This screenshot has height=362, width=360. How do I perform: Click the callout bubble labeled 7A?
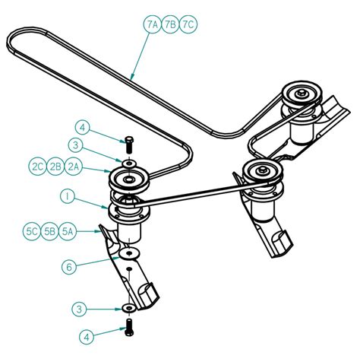tap(153, 24)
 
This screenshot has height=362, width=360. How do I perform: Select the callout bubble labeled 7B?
tap(170, 24)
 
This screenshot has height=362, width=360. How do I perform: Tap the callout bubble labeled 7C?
tap(188, 24)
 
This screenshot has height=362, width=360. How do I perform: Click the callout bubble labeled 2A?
tap(74, 167)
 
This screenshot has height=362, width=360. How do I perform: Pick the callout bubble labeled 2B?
tap(55, 167)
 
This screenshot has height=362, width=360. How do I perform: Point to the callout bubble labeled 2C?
tap(37, 167)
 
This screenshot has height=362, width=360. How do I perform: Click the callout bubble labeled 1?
tap(68, 198)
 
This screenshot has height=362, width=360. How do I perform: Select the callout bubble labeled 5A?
tap(68, 231)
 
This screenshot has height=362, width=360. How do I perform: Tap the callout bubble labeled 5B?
tap(49, 231)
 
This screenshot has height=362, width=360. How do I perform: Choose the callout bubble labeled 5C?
tap(32, 231)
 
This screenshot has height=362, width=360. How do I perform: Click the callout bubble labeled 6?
tap(69, 266)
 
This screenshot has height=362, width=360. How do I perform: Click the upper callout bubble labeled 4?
tap(83, 128)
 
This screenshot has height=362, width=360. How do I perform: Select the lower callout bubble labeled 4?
tap(87, 337)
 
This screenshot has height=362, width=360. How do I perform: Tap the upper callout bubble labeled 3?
tap(75, 145)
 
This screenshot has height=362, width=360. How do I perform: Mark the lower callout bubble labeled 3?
tap(79, 310)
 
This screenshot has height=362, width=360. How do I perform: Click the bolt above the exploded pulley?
tap(129, 144)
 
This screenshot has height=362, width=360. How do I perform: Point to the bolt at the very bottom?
tap(129, 327)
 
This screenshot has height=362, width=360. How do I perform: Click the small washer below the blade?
tap(129, 308)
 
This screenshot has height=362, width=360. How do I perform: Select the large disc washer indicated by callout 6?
tap(129, 253)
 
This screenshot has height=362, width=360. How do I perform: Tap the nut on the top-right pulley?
tap(302, 93)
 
